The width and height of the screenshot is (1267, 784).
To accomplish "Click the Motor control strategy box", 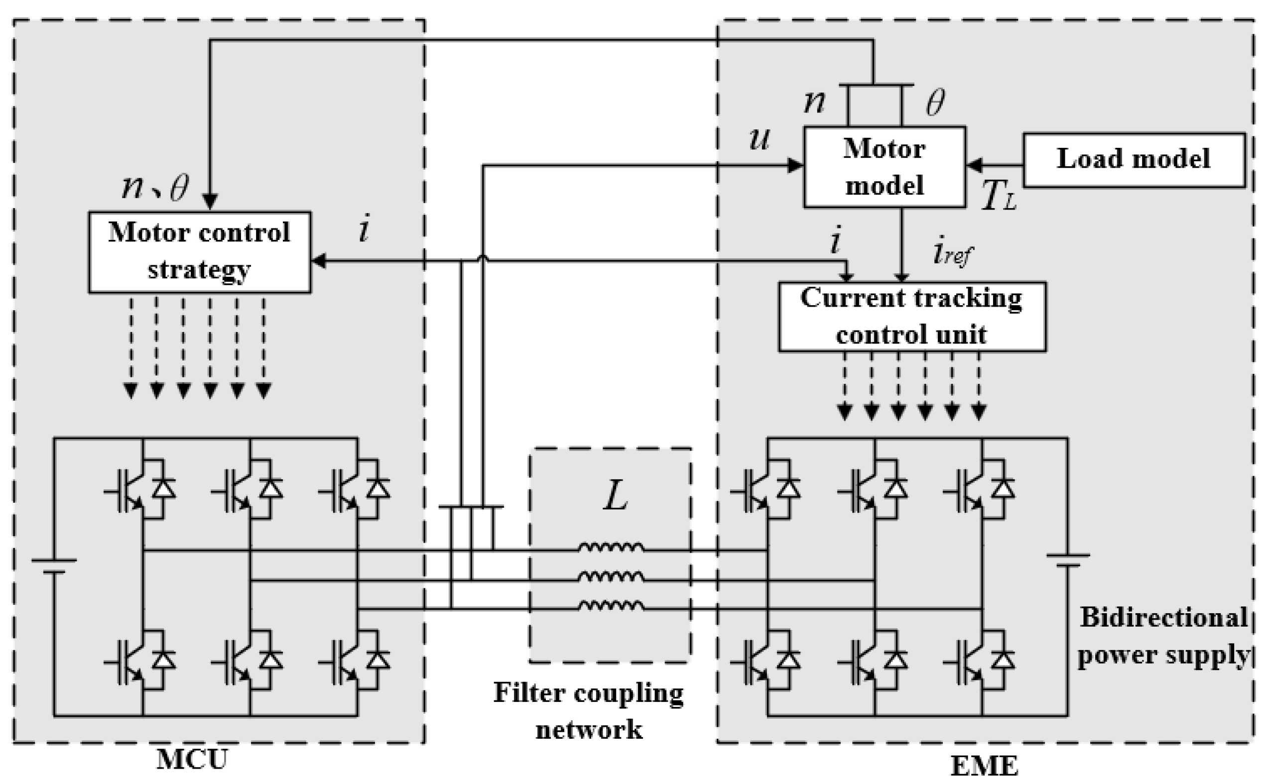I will (x=200, y=252).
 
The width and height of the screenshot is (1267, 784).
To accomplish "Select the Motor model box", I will (x=884, y=167).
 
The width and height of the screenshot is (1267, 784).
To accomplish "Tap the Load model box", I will (x=1134, y=160).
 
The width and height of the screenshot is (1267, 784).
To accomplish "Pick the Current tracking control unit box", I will (x=912, y=316).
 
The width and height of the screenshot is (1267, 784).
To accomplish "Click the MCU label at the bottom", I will (x=192, y=760).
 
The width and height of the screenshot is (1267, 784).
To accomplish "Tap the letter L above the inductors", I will (x=616, y=496).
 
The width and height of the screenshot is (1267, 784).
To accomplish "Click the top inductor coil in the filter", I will (x=611, y=548).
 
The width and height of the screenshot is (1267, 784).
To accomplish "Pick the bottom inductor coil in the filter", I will (x=611, y=606).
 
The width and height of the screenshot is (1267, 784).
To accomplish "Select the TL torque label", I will (x=999, y=196).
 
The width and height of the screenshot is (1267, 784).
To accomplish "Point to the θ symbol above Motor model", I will (x=935, y=102).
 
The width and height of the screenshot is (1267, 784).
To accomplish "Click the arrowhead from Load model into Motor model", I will (x=974, y=166).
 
